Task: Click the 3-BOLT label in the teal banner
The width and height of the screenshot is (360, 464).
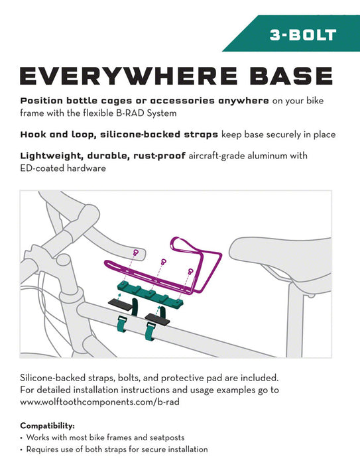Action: [x=302, y=34]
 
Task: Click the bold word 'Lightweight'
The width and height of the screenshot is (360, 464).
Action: [x=48, y=156]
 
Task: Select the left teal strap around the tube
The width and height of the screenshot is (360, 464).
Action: [x=123, y=325]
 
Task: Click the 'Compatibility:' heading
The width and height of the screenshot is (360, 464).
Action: [x=47, y=426]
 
